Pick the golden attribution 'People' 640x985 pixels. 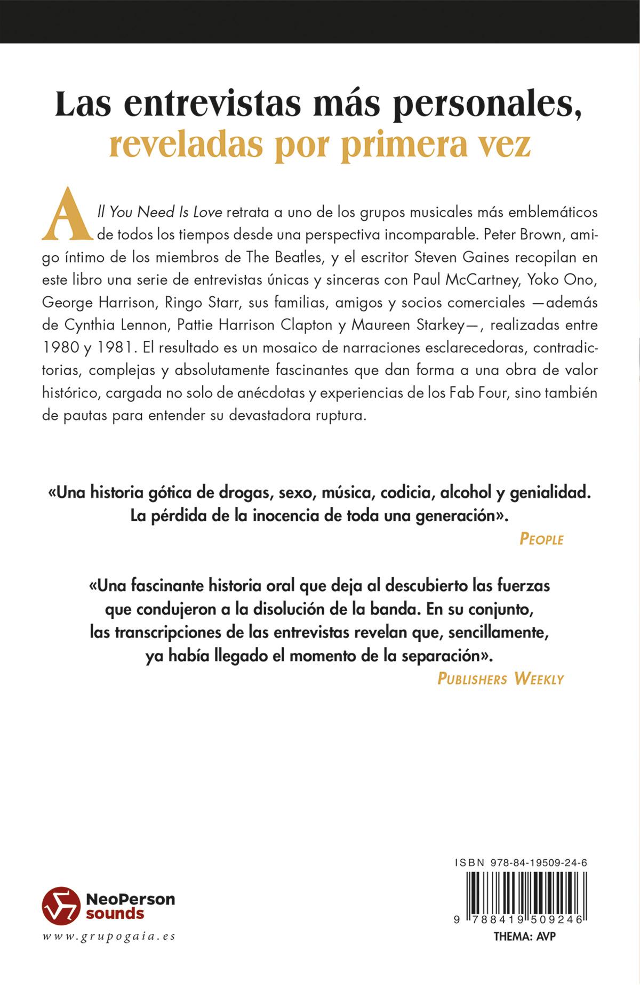[x=541, y=539]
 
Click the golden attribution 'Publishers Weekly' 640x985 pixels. [x=500, y=679]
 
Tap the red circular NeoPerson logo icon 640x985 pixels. [x=61, y=906]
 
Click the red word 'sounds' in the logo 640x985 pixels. [x=115, y=914]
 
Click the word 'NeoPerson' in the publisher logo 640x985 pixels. [x=130, y=899]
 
